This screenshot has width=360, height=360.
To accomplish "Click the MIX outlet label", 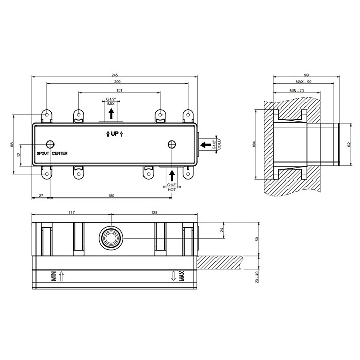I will click(x=111, y=103).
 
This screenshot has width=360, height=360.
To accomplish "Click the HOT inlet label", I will click(x=171, y=189).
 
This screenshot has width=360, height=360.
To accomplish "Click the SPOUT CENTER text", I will click(x=51, y=153).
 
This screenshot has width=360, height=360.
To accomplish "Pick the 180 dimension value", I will click(x=111, y=196).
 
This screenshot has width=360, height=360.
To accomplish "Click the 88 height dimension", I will click(x=12, y=145).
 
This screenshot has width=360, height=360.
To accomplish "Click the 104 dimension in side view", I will click(x=254, y=145).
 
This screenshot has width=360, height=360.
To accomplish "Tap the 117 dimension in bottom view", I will click(x=71, y=212).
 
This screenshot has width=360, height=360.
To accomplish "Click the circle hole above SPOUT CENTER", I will click(x=50, y=145).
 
